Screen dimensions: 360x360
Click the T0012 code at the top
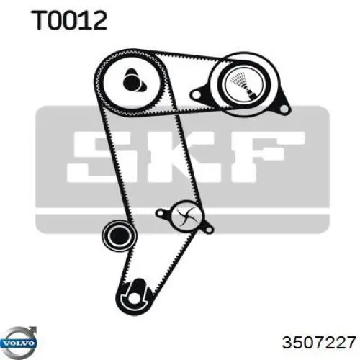(x=69, y=21)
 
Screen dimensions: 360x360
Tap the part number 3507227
(x=319, y=342)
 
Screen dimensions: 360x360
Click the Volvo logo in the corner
(x=19, y=343)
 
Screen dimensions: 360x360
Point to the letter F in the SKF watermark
(x=269, y=156)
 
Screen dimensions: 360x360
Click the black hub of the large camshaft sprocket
(x=133, y=81)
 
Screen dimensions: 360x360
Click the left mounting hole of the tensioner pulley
(x=196, y=95)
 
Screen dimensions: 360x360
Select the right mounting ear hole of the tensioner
(x=284, y=109)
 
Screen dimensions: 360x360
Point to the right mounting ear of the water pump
(x=208, y=229)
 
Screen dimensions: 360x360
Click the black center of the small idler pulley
(x=120, y=236)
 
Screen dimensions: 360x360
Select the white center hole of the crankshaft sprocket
(x=132, y=298)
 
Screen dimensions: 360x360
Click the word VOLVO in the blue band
(x=18, y=343)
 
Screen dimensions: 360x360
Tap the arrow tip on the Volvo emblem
(x=35, y=329)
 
